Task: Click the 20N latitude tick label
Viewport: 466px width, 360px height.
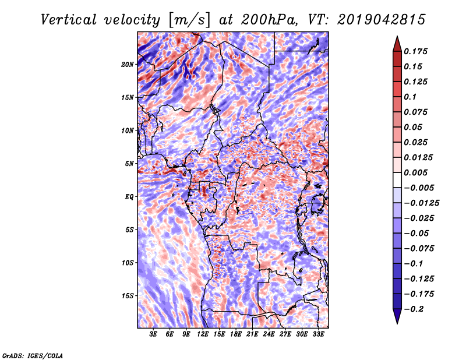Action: (x=128, y=65)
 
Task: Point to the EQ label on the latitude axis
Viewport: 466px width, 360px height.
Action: (x=129, y=197)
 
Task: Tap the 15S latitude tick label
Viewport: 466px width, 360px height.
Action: (x=128, y=296)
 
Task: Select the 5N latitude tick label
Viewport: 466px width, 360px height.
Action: (x=129, y=164)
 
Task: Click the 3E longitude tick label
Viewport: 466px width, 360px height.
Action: (x=153, y=334)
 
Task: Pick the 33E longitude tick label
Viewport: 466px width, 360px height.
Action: (x=318, y=334)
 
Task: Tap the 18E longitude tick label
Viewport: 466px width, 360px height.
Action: (x=236, y=334)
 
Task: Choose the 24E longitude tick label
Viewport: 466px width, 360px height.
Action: (x=269, y=334)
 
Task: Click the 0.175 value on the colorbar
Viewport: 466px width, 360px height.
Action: (x=415, y=51)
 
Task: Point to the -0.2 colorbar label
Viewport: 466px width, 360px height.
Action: (x=414, y=309)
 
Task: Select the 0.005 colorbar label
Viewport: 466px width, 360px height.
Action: (x=415, y=172)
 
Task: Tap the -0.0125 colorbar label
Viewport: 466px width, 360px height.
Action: (x=421, y=203)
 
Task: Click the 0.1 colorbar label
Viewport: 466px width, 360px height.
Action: (x=410, y=97)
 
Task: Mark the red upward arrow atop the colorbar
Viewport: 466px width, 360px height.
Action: (x=397, y=44)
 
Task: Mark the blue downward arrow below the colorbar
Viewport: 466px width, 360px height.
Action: (x=397, y=316)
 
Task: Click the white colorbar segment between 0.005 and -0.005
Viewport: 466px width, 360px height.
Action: (x=397, y=180)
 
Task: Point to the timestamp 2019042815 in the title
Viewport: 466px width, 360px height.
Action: (x=382, y=20)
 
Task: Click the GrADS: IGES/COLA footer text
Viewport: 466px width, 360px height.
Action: (x=33, y=355)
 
